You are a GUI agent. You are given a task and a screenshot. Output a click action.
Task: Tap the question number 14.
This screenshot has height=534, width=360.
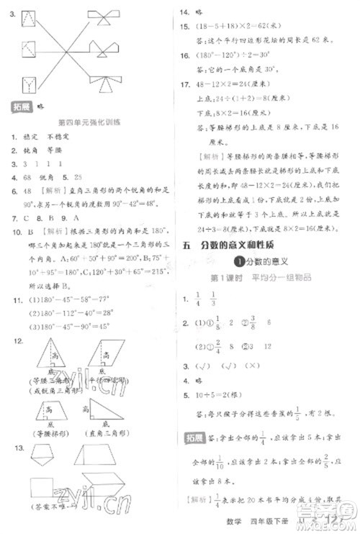coord(184,12)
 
